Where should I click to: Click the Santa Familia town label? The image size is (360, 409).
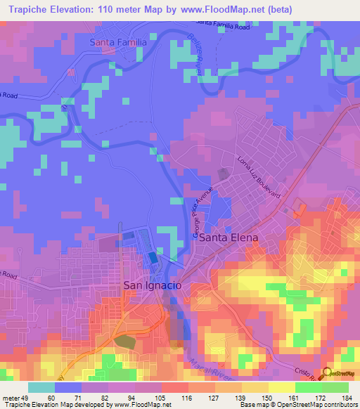pos(118,42)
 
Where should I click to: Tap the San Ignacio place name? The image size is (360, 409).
pos(153,285)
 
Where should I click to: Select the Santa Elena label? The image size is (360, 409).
pos(229,238)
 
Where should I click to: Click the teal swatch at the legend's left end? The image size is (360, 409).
pos(41,387)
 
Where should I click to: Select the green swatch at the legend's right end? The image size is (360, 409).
pos(335,387)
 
